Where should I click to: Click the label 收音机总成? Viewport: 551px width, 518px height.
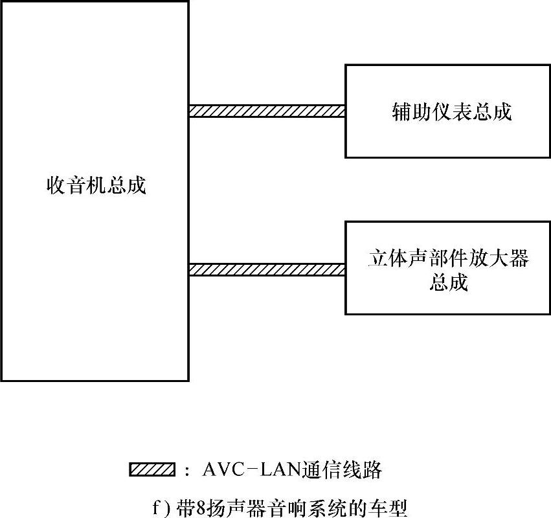click(96, 186)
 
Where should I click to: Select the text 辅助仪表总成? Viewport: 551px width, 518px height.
click(452, 112)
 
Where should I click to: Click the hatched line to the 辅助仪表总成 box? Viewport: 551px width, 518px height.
click(266, 111)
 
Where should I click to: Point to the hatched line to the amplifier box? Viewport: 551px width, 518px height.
click(266, 269)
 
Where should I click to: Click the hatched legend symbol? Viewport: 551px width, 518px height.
click(153, 470)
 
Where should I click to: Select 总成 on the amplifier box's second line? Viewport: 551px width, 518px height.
click(448, 283)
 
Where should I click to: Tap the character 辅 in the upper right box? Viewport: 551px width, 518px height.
click(402, 112)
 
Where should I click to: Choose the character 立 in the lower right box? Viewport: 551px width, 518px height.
click(376, 259)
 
